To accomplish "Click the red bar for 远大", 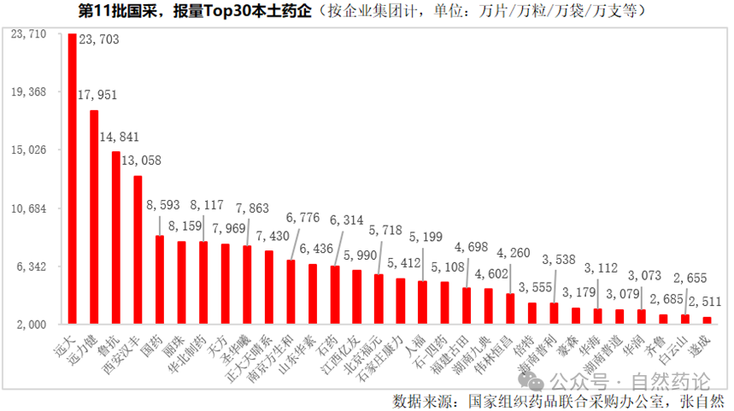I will (x=72, y=179).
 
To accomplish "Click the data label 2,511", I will (x=705, y=300).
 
